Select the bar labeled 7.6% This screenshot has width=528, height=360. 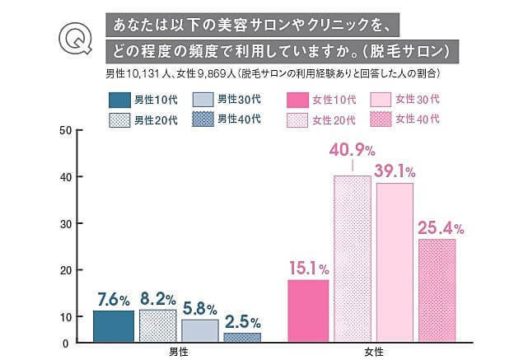(114, 326)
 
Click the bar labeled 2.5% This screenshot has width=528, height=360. (242, 337)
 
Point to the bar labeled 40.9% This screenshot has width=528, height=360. (352, 259)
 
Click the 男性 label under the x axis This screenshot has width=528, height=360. (178, 352)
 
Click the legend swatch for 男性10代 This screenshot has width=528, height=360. (120, 100)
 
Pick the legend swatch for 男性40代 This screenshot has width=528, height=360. (203, 119)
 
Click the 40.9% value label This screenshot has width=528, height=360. (353, 152)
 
